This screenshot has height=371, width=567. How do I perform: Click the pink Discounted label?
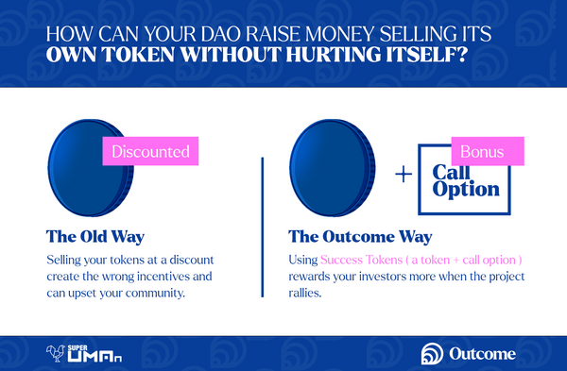[150, 151]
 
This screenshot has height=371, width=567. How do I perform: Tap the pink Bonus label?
[488, 151]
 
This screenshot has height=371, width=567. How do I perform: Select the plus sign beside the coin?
[404, 175]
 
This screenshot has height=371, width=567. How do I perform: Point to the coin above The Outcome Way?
[333, 168]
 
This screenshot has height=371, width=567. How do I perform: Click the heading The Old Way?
[95, 237]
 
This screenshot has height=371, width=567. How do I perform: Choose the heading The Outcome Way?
[360, 237]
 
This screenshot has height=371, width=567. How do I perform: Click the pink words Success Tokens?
[362, 260]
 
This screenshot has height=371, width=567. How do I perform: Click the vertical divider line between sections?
[263, 228]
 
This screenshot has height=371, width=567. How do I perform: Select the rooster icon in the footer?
[56, 353]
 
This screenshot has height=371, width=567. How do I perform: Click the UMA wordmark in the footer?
[94, 357]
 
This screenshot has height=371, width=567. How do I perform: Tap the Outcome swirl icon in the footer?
[432, 354]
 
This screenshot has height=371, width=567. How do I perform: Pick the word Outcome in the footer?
[482, 354]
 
